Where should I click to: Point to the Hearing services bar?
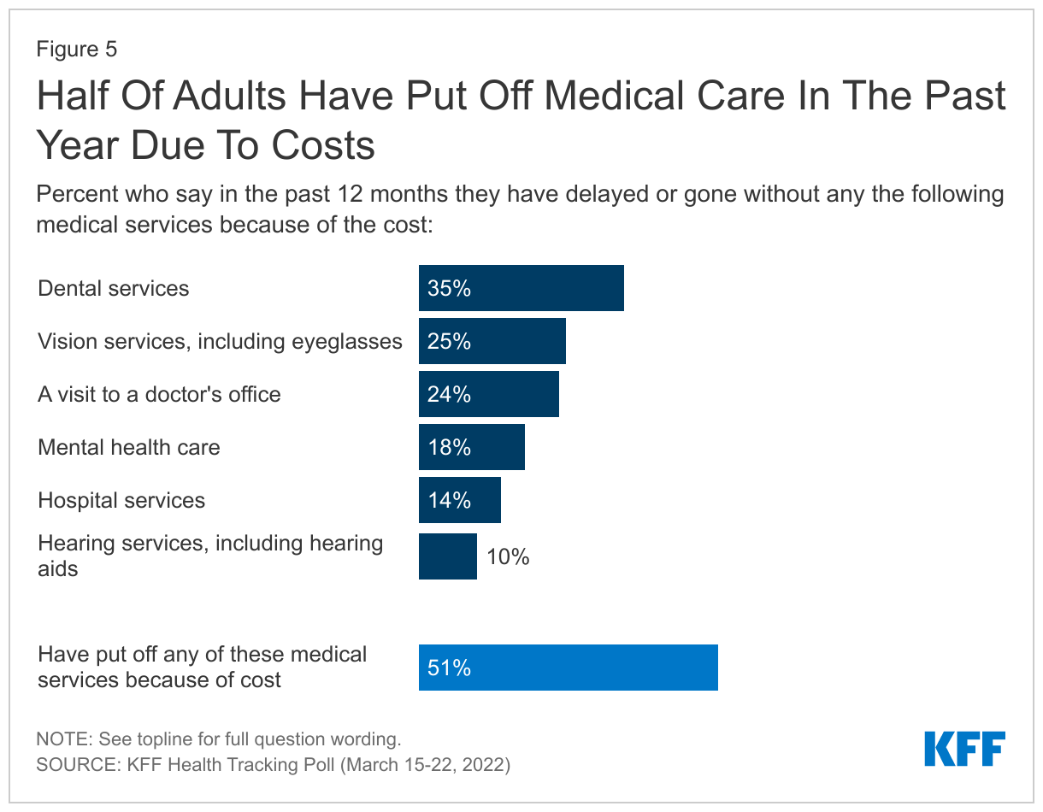[x=447, y=556]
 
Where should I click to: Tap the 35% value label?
[x=450, y=289]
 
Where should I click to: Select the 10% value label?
[x=508, y=557]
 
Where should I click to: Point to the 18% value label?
[x=450, y=448]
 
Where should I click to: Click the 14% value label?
[x=450, y=501]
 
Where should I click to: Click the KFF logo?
[x=964, y=749]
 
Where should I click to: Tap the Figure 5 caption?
[x=76, y=50]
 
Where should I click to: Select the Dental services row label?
[x=114, y=288]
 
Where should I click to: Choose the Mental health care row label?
[x=129, y=447]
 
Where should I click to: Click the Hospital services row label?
[x=121, y=500]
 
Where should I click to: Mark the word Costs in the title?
[x=322, y=146]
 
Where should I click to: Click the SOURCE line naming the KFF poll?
[x=273, y=764]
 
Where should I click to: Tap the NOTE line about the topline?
[x=218, y=738]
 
